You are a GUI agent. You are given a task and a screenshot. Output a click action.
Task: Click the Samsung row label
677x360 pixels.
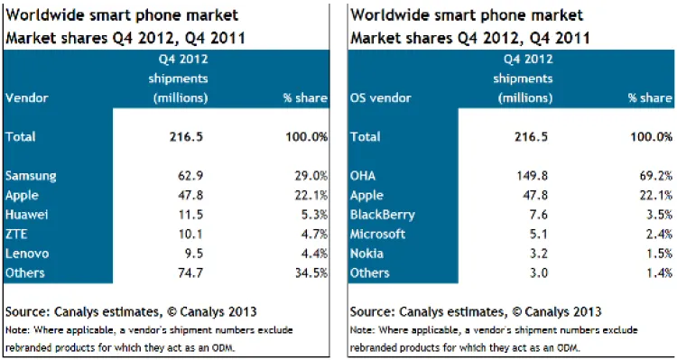(31, 176)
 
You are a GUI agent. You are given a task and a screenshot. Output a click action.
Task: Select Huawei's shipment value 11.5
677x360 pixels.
(190, 215)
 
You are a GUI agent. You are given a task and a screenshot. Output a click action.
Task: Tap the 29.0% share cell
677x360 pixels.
(310, 176)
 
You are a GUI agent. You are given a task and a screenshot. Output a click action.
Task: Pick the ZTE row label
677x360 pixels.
(16, 235)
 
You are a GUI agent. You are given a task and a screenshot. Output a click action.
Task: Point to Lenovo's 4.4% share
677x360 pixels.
(312, 254)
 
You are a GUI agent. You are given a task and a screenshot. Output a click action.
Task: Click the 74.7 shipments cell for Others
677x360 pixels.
(190, 273)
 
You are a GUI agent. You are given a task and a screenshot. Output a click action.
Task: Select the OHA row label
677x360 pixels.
(363, 176)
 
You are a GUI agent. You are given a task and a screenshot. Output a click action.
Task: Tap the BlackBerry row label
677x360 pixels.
(383, 215)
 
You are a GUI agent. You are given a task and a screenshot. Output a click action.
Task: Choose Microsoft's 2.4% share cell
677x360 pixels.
(657, 235)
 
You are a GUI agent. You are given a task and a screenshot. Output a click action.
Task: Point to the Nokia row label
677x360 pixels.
(366, 254)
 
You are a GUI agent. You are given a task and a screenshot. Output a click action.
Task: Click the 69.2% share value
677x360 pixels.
(654, 176)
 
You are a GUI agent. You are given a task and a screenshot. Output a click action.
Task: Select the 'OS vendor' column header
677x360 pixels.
(380, 98)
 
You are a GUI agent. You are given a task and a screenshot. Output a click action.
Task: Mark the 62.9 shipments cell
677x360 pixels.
(190, 176)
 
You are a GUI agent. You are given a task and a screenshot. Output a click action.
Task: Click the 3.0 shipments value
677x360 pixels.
(538, 273)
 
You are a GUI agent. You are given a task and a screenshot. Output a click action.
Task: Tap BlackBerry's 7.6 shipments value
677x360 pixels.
(538, 215)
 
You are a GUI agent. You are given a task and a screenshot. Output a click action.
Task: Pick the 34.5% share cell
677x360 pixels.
(310, 273)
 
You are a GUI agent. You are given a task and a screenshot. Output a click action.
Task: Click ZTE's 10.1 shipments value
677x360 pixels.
(190, 235)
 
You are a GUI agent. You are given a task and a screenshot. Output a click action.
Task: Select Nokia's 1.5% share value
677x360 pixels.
(657, 254)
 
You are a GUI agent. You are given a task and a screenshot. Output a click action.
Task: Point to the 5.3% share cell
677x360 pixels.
(312, 215)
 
